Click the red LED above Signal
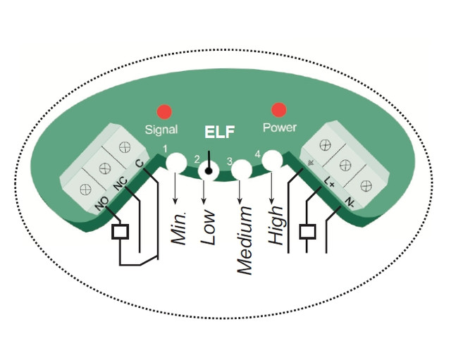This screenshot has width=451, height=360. [x=164, y=111]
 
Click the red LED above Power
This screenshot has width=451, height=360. [x=279, y=110]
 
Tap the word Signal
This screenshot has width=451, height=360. [x=161, y=129]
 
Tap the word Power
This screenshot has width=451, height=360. [x=280, y=128]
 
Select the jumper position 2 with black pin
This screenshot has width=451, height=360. [x=209, y=169]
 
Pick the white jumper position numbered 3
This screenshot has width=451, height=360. [x=242, y=170]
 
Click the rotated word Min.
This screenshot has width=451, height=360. [x=179, y=227]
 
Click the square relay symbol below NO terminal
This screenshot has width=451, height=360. [x=121, y=232]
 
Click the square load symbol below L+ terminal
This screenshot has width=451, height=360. [x=307, y=231]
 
